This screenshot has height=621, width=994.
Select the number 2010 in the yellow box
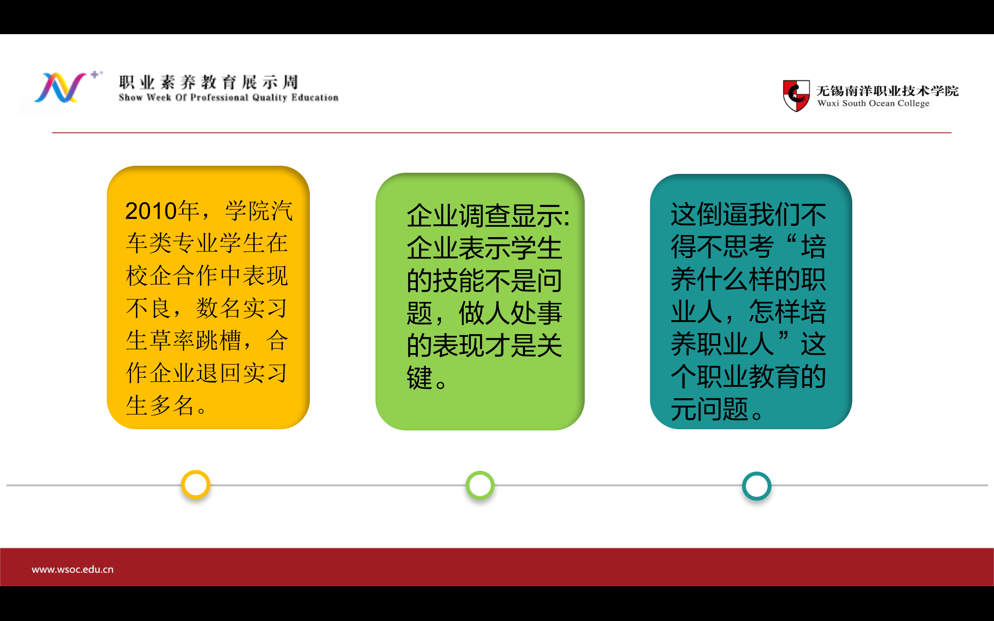click(x=151, y=211)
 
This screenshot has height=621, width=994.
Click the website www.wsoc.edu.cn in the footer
click(x=72, y=569)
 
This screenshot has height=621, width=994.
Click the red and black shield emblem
click(x=796, y=96)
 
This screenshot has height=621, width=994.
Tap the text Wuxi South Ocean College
click(x=873, y=103)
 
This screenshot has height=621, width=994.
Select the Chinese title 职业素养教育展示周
click(x=209, y=82)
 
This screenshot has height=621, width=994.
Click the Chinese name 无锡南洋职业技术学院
click(x=887, y=91)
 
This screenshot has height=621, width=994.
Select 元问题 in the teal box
click(x=709, y=409)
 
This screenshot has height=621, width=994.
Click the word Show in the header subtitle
click(x=130, y=97)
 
